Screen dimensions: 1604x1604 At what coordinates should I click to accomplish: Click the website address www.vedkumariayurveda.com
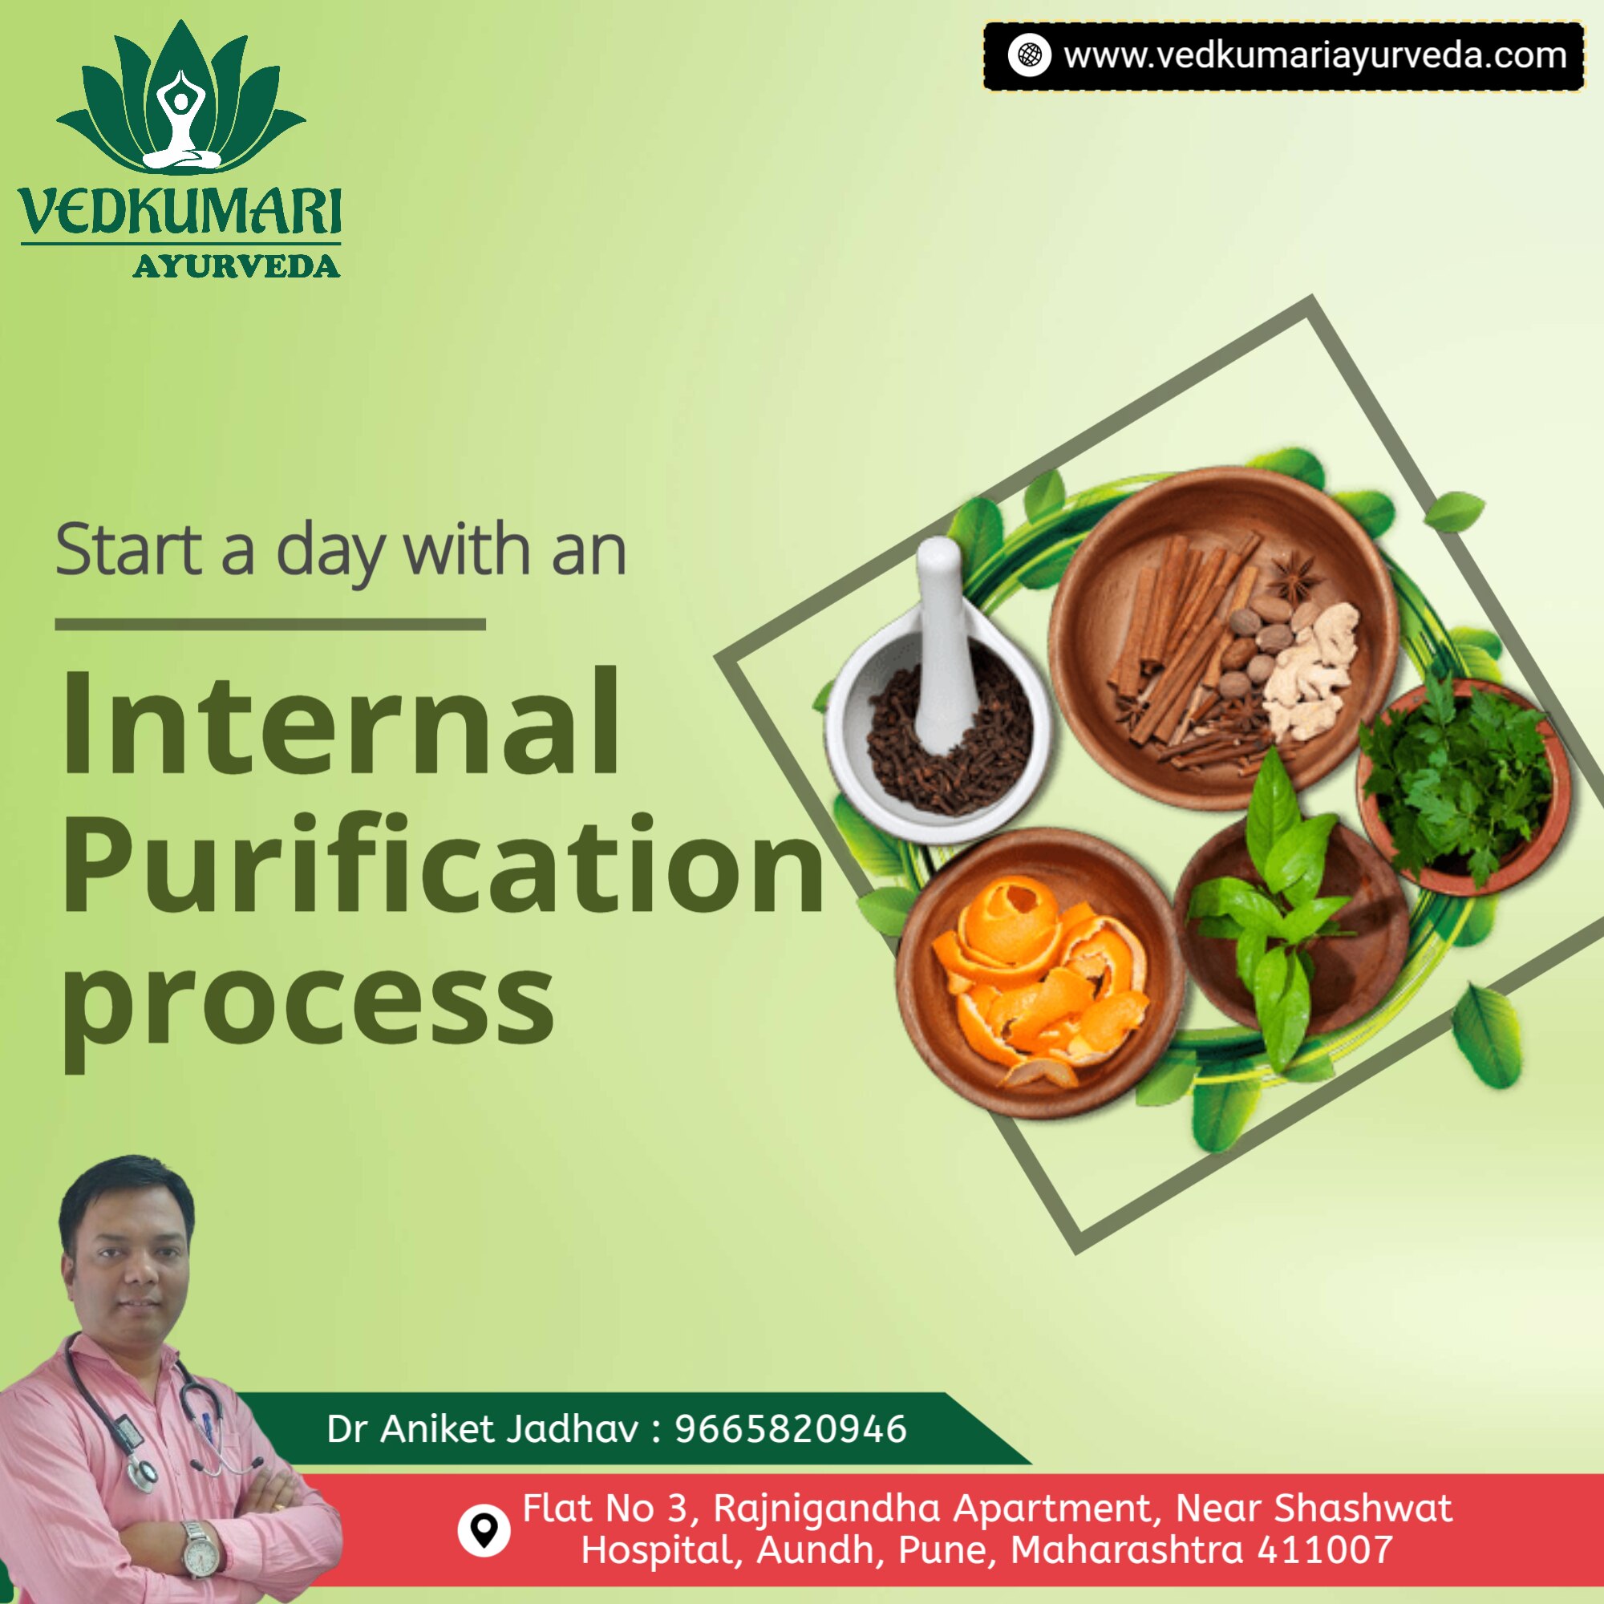click(x=1315, y=56)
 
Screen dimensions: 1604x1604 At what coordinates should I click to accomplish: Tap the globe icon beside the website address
click(x=1030, y=55)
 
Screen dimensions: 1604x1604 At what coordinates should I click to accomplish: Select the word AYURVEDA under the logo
click(x=237, y=266)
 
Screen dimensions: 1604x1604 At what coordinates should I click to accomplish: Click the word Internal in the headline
click(x=340, y=721)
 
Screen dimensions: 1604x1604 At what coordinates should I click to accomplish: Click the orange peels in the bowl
click(x=1039, y=981)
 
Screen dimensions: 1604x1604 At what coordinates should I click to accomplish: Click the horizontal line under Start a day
click(x=269, y=624)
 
